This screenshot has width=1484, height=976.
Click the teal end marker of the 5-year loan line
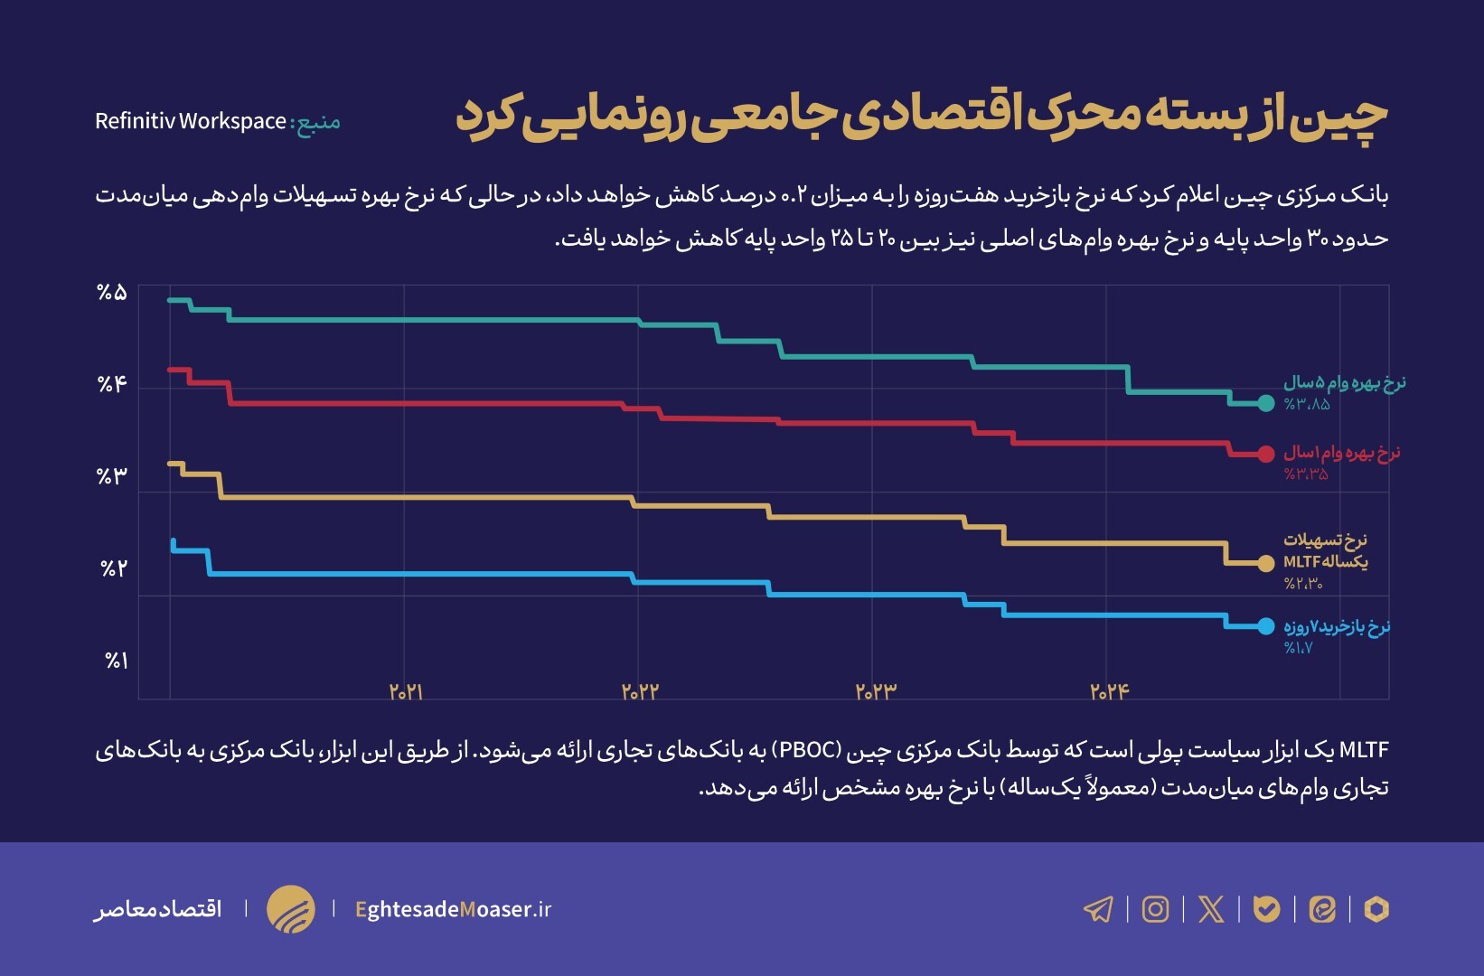[1266, 403]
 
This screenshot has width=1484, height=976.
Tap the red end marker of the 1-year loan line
[1266, 454]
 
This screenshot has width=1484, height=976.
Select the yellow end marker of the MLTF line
[1266, 563]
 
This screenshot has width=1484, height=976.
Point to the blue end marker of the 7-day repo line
[1266, 625]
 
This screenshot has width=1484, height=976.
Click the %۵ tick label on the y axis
[112, 293]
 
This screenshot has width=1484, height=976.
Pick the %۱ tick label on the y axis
[117, 662]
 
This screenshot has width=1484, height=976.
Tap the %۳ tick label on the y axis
[112, 476]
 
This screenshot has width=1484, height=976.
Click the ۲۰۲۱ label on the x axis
[407, 692]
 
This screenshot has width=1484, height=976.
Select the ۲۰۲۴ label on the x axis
[1110, 692]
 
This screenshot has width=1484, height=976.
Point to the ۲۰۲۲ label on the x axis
[640, 692]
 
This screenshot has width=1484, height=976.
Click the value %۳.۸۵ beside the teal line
[1307, 405]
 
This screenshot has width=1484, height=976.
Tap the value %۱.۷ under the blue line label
[1298, 648]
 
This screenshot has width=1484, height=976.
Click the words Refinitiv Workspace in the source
[191, 121]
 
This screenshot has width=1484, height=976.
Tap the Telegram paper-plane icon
[1098, 909]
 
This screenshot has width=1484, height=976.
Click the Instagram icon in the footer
[1155, 909]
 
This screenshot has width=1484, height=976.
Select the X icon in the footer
[1211, 909]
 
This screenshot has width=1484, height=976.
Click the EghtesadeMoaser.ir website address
[453, 909]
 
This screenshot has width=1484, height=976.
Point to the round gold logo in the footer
[291, 909]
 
